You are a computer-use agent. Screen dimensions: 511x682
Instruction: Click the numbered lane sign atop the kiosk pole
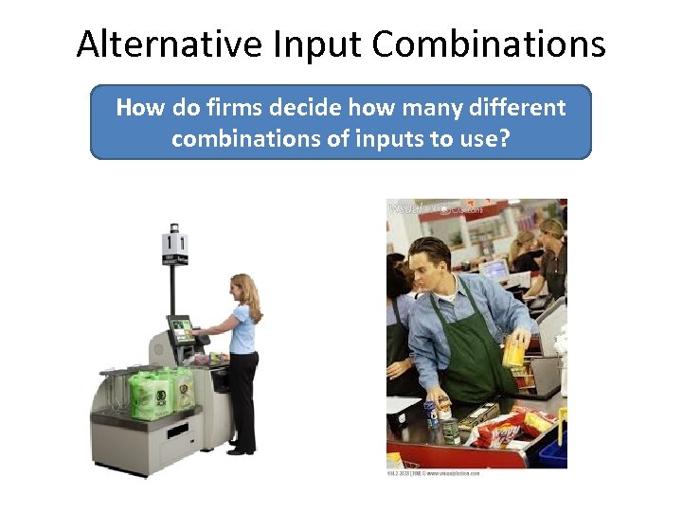174,245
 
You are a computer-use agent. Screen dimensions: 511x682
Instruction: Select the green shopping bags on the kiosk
160,391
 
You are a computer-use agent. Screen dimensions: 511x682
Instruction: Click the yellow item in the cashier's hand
514,352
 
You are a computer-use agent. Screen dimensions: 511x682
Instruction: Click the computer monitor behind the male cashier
495,270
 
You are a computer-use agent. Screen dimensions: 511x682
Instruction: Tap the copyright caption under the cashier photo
434,471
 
